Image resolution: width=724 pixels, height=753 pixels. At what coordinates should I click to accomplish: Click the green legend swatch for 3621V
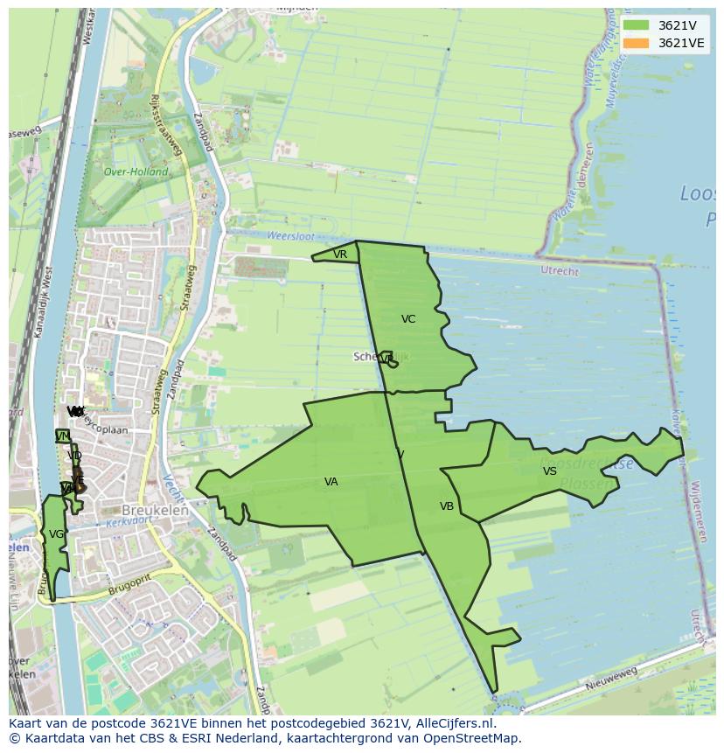pos(637,25)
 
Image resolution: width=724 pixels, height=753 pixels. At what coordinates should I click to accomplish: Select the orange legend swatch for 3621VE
pos(637,43)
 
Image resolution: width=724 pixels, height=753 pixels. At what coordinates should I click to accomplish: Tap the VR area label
pos(340,254)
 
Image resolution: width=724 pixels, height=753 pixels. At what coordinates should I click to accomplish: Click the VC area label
pos(408,319)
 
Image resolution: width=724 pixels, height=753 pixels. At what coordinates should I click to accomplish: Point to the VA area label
pos(331,482)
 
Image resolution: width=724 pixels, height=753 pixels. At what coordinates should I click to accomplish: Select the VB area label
pos(447,506)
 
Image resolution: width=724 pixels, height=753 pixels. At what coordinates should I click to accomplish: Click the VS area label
pos(549,471)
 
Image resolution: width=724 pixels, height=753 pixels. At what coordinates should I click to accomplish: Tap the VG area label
pos(56,534)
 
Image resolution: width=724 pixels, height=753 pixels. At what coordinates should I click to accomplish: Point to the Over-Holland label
pos(136,172)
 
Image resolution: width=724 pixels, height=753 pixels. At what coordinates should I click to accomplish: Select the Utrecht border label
pos(560,272)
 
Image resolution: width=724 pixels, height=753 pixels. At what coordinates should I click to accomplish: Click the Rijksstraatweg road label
pos(167,122)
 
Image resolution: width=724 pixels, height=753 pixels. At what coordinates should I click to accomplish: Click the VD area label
pos(74,456)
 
